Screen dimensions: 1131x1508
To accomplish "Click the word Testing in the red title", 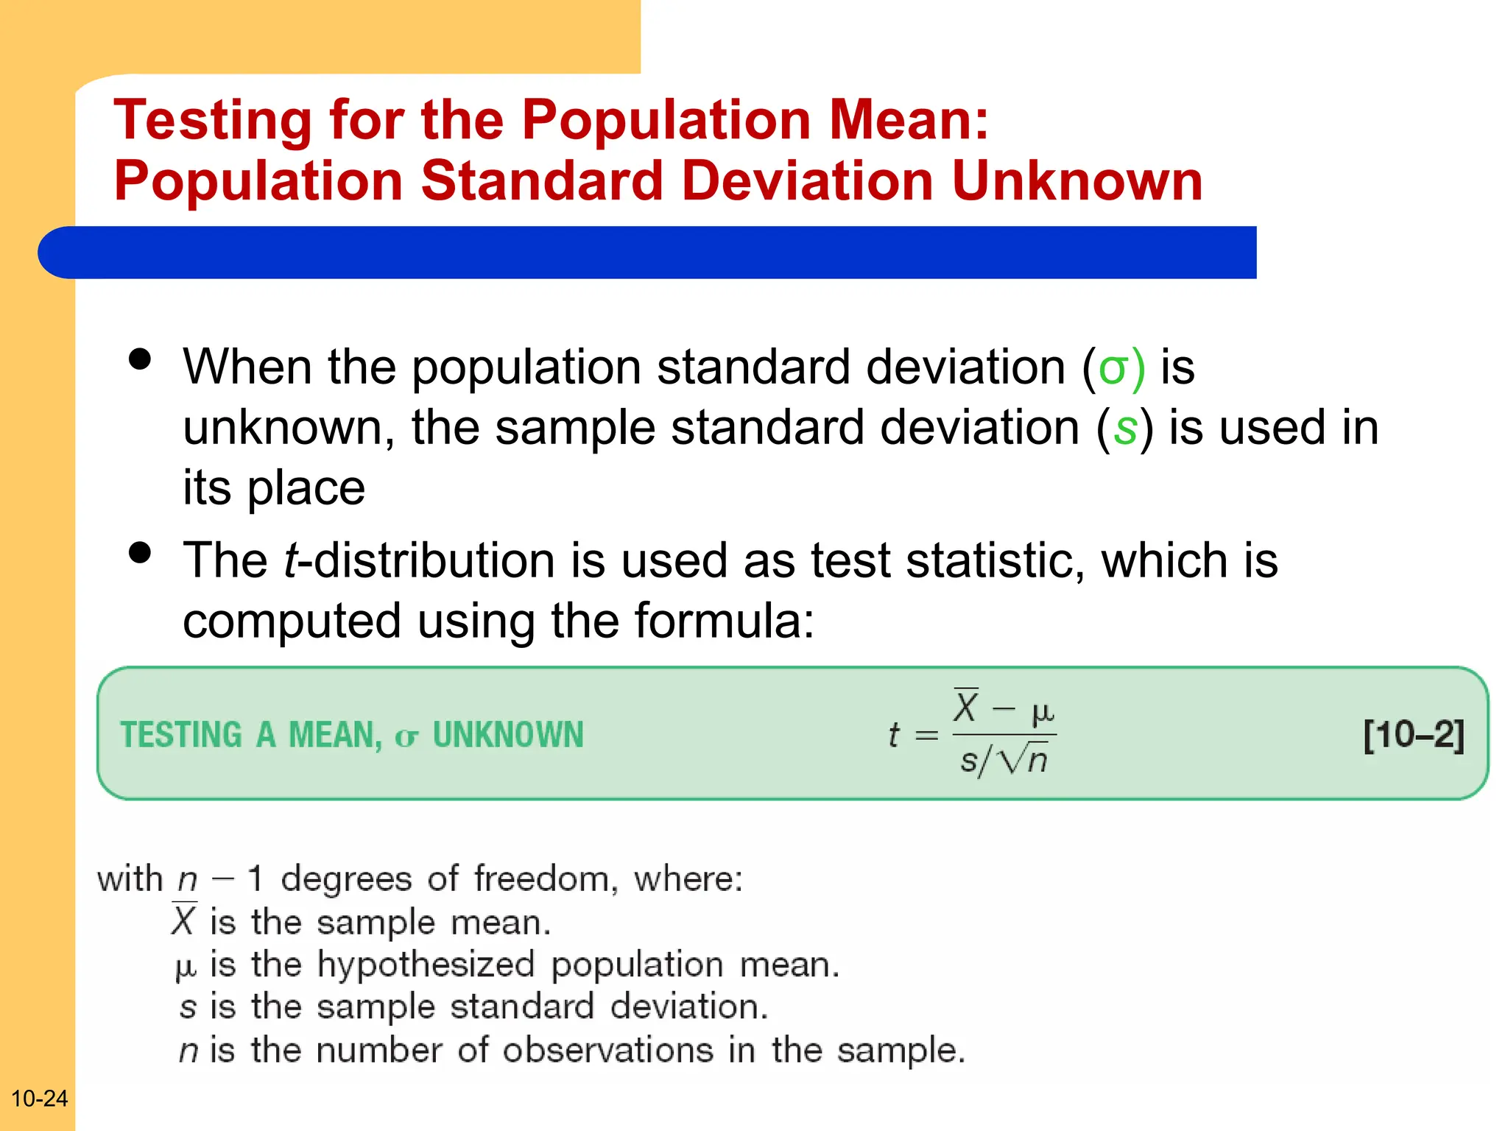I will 213,120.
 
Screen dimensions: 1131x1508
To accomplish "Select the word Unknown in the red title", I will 1077,181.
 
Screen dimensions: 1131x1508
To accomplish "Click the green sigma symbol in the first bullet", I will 1113,367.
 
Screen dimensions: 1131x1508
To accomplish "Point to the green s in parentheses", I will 1124,428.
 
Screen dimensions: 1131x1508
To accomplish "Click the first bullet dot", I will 139,359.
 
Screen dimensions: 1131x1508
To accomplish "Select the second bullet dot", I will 139,552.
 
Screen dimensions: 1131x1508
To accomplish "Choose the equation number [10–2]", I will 1413,735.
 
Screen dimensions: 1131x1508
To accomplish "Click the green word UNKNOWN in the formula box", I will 508,735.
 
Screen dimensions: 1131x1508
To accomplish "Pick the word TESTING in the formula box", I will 181,735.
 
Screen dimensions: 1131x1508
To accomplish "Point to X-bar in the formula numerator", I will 965,707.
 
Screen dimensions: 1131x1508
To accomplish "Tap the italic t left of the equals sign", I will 893,735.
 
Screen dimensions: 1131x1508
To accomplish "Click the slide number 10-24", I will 39,1099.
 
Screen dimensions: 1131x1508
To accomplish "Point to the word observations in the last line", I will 607,1051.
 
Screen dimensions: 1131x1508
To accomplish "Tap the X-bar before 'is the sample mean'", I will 183,920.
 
